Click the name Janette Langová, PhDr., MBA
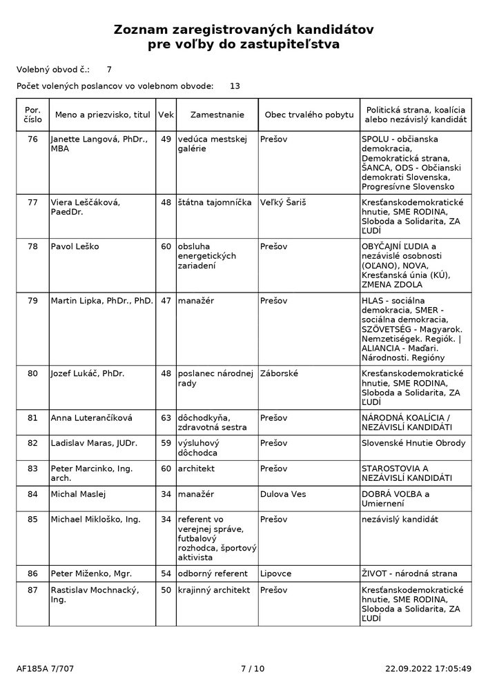coord(99,144)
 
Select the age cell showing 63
coord(166,417)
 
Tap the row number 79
coord(32,301)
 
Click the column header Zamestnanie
coord(217,115)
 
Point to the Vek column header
coord(166,115)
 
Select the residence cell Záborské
coord(280,374)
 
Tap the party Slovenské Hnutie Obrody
coord(413,443)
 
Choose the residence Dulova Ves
coord(284,494)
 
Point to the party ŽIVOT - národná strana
coord(409,573)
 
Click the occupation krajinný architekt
coord(214,591)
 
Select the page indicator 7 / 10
coord(252,668)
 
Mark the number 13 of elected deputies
coord(235,86)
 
